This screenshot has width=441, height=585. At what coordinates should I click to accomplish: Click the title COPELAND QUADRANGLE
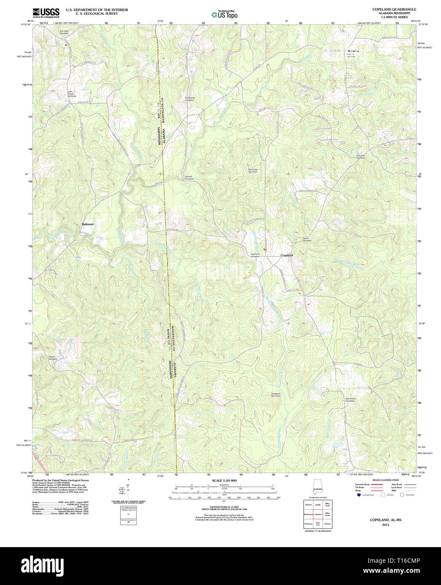pos(388,9)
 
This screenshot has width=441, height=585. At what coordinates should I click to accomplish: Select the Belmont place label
pos(88,224)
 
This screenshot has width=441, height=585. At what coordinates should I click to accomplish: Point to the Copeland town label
pos(286,255)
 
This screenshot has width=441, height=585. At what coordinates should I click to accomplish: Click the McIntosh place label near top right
pos(350,51)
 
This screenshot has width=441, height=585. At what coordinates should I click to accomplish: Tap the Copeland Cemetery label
pos(255,255)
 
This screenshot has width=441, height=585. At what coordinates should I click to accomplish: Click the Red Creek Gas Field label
pos(252,171)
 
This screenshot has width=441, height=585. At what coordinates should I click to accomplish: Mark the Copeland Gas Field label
pos(275,395)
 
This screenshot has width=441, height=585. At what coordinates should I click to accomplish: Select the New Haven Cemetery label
pos(350,399)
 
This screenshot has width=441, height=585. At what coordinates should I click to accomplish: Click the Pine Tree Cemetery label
pos(361,156)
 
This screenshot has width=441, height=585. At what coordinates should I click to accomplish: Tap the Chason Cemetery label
pos(53,358)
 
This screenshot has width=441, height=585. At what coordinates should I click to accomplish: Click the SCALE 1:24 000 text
pos(224,481)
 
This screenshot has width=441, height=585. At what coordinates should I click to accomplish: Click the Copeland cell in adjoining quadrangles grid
pos(318,514)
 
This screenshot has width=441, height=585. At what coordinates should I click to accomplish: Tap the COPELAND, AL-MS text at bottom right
pos(385,520)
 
